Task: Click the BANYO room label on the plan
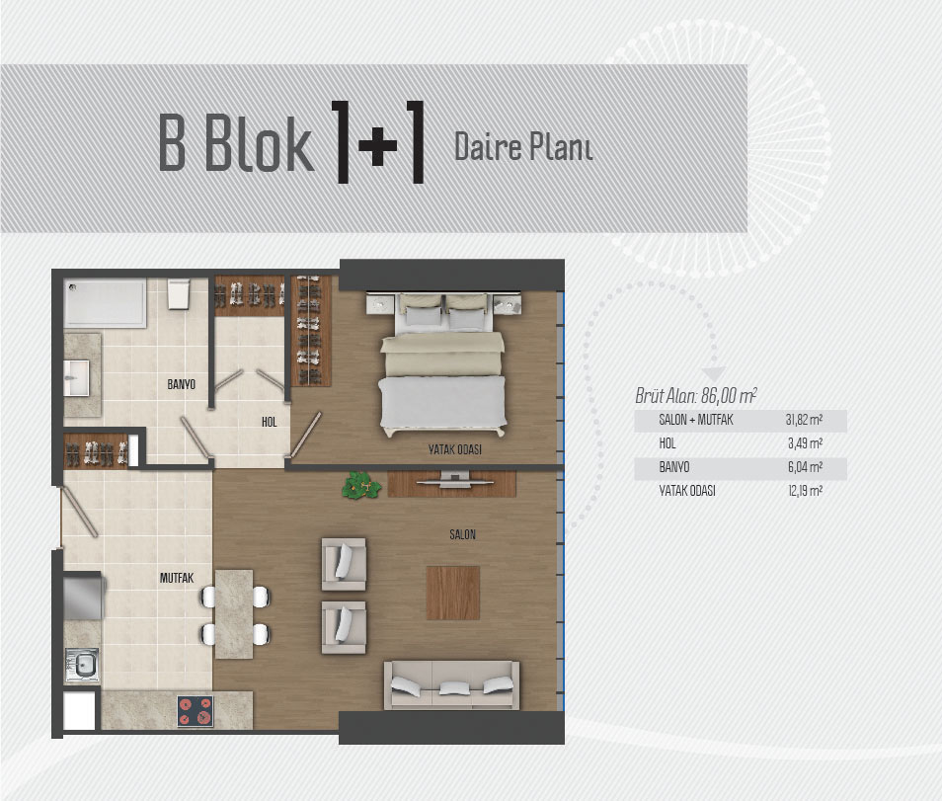click(181, 384)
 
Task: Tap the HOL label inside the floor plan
click(270, 422)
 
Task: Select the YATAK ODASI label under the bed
click(455, 449)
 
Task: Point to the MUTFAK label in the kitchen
click(177, 578)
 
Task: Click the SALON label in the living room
click(462, 534)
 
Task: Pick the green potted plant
click(361, 486)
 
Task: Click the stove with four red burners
click(196, 711)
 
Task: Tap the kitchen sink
click(82, 666)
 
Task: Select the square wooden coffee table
click(453, 593)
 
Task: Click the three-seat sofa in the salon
click(451, 684)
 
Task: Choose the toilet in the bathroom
click(179, 293)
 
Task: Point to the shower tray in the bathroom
click(105, 303)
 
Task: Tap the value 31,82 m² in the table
click(804, 420)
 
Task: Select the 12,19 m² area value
click(805, 491)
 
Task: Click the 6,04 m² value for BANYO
click(805, 467)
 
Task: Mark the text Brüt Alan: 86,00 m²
click(696, 395)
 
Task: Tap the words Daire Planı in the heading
click(523, 146)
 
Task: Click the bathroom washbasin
click(77, 378)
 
